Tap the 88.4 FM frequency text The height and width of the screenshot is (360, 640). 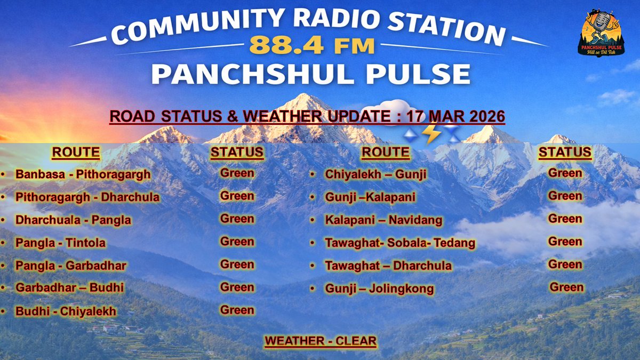click(x=311, y=46)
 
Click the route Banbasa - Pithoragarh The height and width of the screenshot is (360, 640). click(x=83, y=174)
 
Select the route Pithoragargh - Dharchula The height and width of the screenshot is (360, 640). click(x=87, y=197)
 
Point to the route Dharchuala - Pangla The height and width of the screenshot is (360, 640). click(x=73, y=220)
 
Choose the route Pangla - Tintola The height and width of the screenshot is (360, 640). click(x=60, y=243)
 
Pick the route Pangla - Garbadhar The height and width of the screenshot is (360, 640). click(x=70, y=266)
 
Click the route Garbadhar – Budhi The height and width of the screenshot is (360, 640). click(x=69, y=288)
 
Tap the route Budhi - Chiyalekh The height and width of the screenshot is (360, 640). click(x=66, y=311)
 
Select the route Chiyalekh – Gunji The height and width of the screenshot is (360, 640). click(x=368, y=174)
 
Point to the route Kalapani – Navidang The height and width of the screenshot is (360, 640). click(x=383, y=220)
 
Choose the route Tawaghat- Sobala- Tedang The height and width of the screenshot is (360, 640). click(x=399, y=243)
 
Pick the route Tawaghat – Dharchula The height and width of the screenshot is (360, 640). click(x=388, y=266)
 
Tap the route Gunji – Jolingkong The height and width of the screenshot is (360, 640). click(x=379, y=289)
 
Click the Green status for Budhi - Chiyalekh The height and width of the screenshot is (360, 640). click(x=237, y=310)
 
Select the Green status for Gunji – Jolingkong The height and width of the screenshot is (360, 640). click(x=566, y=287)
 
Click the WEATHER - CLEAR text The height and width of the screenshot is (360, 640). click(x=320, y=341)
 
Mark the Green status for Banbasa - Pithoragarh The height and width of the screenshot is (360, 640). click(x=237, y=173)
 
